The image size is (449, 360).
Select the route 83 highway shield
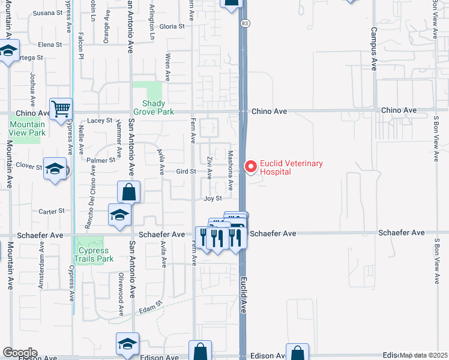(244, 23)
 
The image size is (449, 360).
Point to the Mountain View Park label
(27, 128)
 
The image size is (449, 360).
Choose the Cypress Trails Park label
(93, 254)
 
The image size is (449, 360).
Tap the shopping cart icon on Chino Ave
(61, 109)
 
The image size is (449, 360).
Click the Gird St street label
(186, 172)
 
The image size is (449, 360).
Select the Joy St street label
(212, 198)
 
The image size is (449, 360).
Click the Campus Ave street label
(373, 49)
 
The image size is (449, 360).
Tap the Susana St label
(47, 13)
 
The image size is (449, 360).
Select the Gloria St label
(172, 26)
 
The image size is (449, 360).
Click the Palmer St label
(100, 161)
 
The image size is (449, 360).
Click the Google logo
(19, 353)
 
